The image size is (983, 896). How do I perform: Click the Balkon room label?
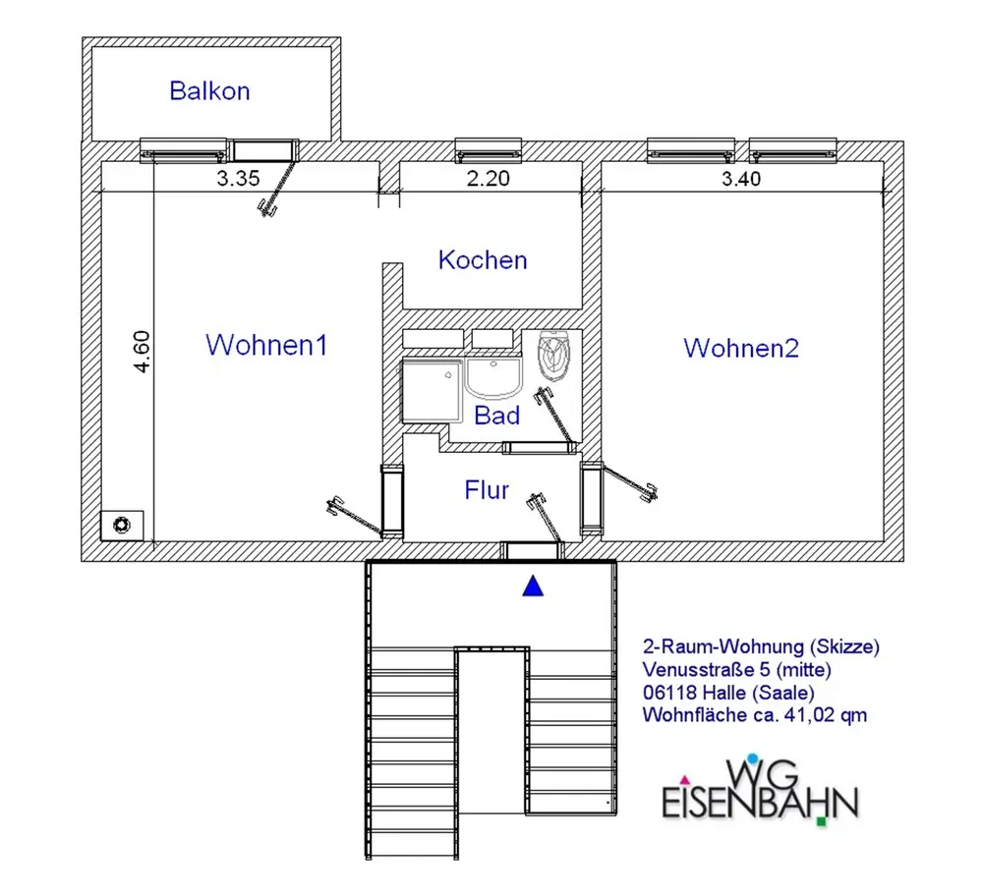click(209, 91)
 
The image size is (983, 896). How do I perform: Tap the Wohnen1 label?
click(265, 346)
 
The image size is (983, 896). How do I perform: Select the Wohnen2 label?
click(741, 348)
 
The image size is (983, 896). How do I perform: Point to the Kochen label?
click(483, 260)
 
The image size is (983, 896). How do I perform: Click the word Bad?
click(497, 415)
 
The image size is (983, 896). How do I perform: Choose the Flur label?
click(487, 489)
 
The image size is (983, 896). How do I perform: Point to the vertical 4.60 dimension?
click(143, 351)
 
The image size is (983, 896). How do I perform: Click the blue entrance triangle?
click(533, 587)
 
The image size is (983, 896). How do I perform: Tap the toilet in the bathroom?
click(555, 356)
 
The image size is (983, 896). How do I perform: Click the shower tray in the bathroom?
click(432, 389)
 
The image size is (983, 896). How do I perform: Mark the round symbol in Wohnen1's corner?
click(122, 525)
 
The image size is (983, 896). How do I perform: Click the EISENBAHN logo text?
click(759, 801)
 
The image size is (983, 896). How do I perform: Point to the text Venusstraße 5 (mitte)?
click(737, 670)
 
